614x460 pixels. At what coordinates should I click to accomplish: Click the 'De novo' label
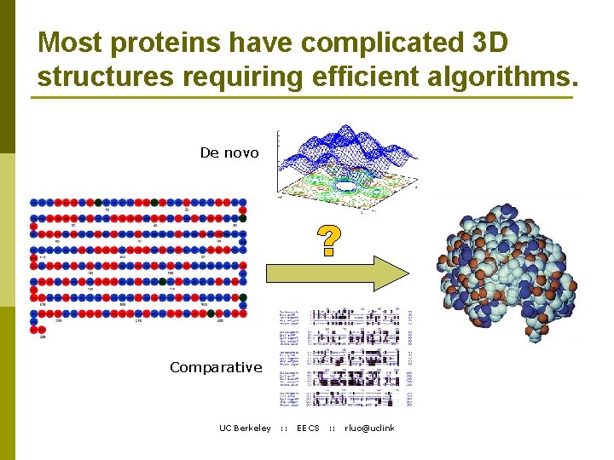pyautogui.click(x=229, y=152)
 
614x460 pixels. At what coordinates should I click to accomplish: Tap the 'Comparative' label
pyautogui.click(x=216, y=367)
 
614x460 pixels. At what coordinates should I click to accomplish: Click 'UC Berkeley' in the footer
pyautogui.click(x=245, y=428)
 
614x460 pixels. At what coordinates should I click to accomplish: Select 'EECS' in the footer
pyautogui.click(x=308, y=428)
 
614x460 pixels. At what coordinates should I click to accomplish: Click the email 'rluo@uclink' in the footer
pyautogui.click(x=369, y=428)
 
